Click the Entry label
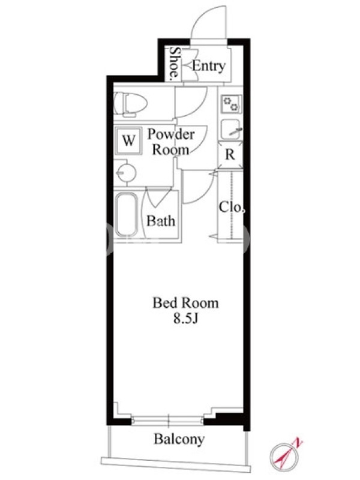coord(209,66)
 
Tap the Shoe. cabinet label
coord(175,63)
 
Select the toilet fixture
coord(130,104)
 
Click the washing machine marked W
coord(128,141)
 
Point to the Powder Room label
coord(171,142)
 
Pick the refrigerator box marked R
coord(230,154)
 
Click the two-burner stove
coord(231,104)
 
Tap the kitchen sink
coord(232,129)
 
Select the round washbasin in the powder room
coord(126,173)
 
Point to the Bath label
coord(161,221)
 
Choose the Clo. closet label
coord(232,207)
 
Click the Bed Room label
coord(186,303)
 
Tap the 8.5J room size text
coord(186,319)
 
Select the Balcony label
coord(179,440)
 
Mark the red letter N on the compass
coord(298,443)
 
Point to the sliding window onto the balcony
coord(168,421)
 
